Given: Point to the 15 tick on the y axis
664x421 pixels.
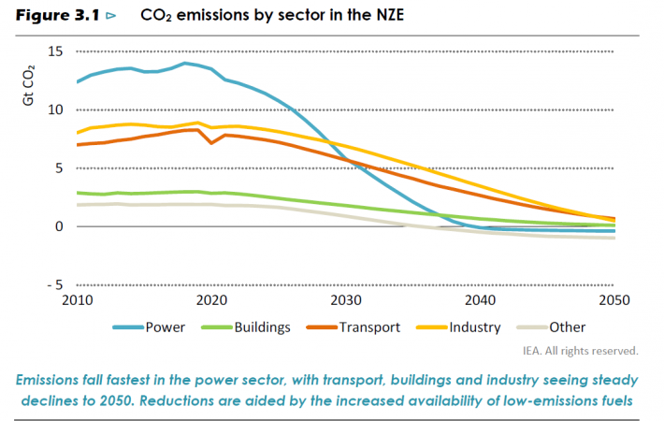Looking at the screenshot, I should (x=55, y=51).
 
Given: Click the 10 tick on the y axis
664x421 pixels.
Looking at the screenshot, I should (x=55, y=109).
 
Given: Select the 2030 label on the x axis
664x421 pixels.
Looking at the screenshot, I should (x=346, y=300).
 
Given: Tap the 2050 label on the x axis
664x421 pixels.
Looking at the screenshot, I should (x=614, y=300).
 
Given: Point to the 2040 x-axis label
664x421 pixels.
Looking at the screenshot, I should (x=480, y=300).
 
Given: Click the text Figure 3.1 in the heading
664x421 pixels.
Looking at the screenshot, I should (x=56, y=17).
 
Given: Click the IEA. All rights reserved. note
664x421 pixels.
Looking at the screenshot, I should (x=580, y=351).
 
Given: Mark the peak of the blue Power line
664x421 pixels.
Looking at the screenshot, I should (x=185, y=63).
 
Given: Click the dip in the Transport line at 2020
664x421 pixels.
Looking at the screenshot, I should (x=212, y=143).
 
